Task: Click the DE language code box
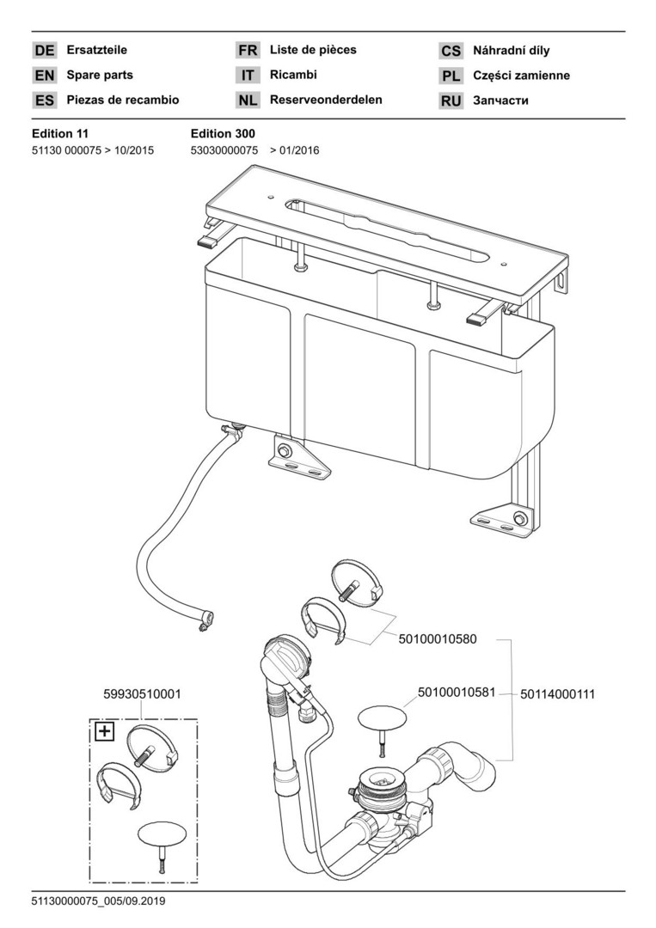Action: [x=45, y=51]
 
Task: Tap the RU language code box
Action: [x=451, y=101]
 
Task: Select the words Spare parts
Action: [x=100, y=76]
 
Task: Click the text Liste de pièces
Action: [x=313, y=50]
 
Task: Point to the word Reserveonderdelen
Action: [x=326, y=100]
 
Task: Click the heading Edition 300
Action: [x=222, y=133]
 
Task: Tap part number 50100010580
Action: [x=437, y=639]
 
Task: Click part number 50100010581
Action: [x=457, y=692]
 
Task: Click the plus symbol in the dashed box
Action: [x=104, y=731]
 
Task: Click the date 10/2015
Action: [x=133, y=150]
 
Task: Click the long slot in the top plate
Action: [x=387, y=231]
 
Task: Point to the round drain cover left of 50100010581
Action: [x=380, y=717]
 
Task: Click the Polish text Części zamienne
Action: [x=521, y=76]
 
